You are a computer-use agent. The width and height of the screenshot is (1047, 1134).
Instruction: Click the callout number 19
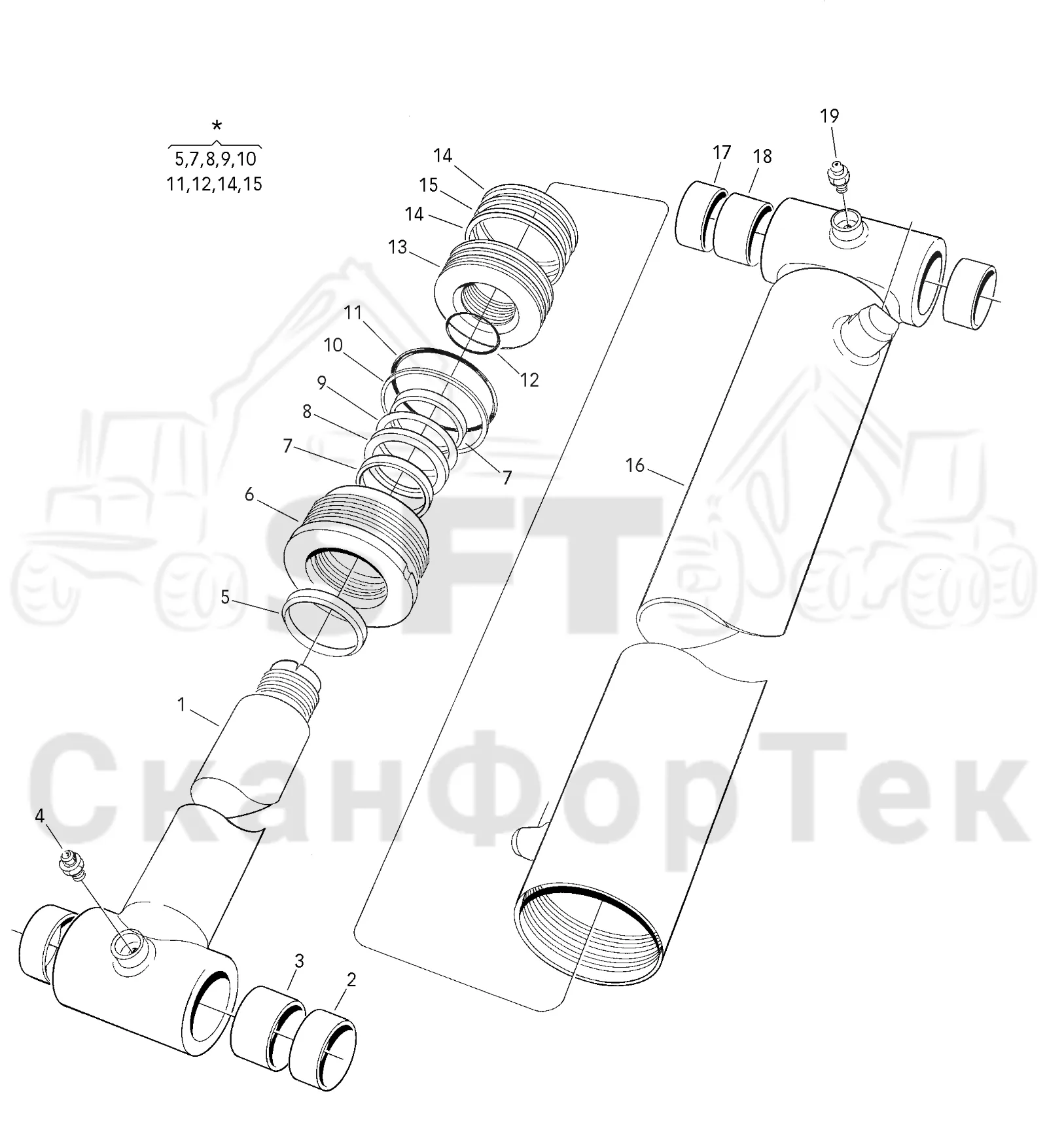[829, 116]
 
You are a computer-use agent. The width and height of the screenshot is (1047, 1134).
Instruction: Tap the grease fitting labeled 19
[836, 176]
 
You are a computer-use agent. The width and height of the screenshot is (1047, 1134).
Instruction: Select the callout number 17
[721, 153]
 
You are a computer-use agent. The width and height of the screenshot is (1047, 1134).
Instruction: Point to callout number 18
[762, 157]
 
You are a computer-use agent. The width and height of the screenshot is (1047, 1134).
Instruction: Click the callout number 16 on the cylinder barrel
[635, 465]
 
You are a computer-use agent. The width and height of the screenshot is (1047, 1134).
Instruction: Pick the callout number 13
[397, 247]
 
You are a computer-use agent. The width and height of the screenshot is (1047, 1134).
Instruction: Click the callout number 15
[428, 186]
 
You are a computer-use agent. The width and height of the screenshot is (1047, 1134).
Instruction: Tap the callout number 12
[529, 380]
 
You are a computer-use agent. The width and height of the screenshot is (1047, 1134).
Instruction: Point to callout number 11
[353, 313]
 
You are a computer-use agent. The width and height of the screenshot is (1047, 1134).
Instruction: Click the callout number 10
[333, 346]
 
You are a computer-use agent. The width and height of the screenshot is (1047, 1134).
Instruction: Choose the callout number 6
[249, 495]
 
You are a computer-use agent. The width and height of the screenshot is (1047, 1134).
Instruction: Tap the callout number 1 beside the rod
[181, 705]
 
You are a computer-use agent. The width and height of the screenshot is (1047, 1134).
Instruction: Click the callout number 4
[40, 816]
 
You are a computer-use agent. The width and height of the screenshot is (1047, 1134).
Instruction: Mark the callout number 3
[299, 961]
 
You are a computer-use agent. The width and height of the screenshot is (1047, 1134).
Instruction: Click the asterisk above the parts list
[217, 126]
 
